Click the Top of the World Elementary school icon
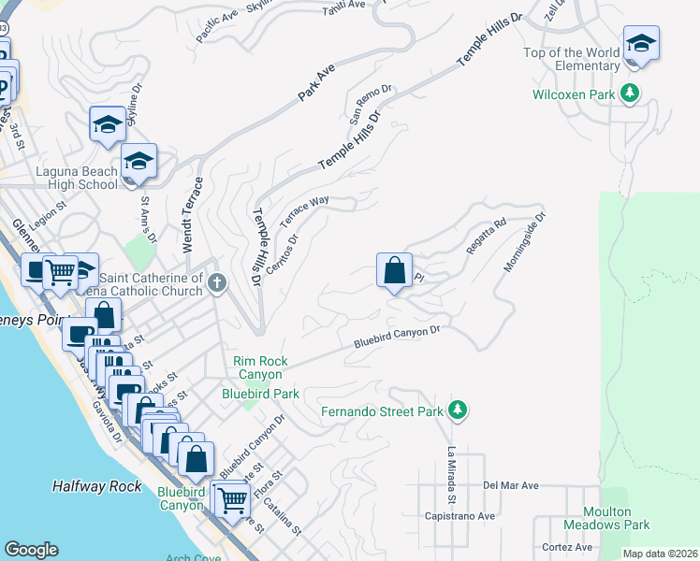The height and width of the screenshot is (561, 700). (x=641, y=43)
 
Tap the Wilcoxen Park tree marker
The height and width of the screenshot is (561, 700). (x=633, y=93)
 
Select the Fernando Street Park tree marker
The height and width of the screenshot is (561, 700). (x=458, y=410)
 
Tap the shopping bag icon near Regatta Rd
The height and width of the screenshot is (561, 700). (x=395, y=271)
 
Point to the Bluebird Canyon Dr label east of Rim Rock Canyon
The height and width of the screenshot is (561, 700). (x=397, y=338)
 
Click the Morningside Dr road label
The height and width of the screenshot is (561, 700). (x=524, y=242)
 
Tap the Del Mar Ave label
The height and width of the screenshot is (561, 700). (x=511, y=486)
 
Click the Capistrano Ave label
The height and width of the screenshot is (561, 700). (x=460, y=516)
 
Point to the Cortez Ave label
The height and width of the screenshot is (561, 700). (x=566, y=547)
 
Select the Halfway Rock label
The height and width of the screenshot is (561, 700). (x=97, y=486)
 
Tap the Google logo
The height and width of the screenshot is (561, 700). (x=32, y=549)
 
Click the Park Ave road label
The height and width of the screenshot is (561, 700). (x=316, y=83)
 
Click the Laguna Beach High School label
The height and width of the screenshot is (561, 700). (x=77, y=178)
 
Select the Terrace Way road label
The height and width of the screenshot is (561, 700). (x=304, y=209)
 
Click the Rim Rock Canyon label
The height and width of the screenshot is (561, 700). (x=260, y=368)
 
